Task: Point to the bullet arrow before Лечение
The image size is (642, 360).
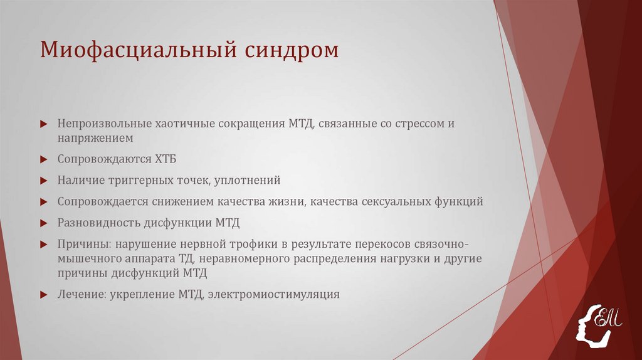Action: click(x=43, y=294)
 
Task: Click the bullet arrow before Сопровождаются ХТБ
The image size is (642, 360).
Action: click(x=43, y=159)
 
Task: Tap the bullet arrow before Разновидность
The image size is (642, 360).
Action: click(x=43, y=223)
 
